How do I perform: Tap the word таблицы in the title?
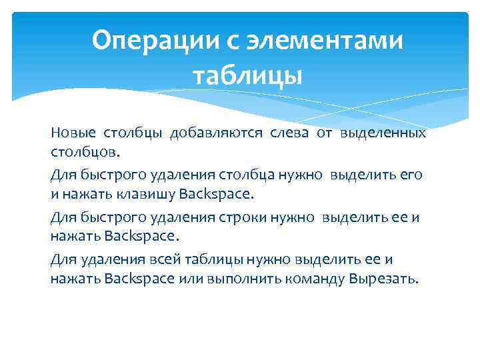point(247,76)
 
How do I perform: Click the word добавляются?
point(217,133)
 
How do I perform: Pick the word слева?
point(289,133)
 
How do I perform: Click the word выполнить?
point(236,279)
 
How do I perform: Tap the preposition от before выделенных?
point(325,133)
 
